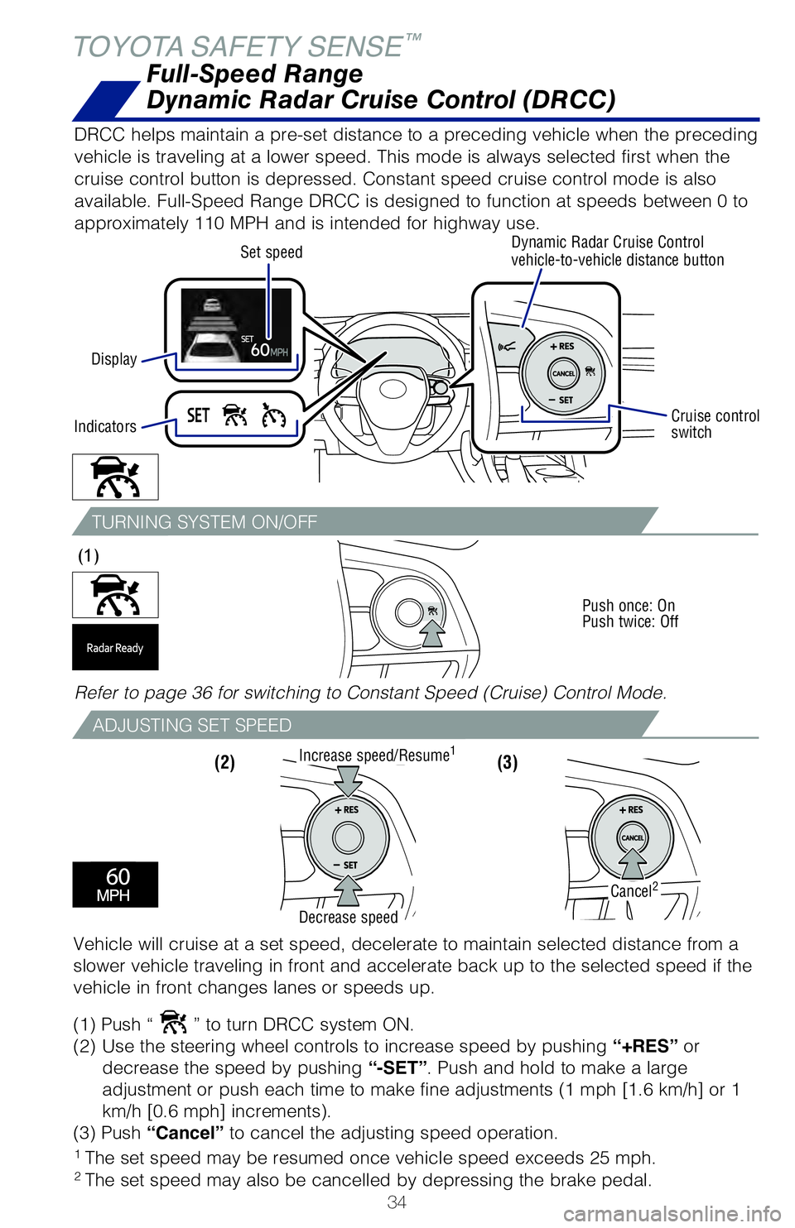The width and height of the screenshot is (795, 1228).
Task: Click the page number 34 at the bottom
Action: [397, 1202]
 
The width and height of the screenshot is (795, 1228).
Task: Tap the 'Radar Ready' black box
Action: [115, 648]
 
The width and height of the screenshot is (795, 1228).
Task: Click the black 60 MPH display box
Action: [115, 884]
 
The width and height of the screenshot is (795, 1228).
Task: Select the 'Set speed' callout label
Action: [271, 252]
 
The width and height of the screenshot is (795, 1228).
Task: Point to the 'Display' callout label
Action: [114, 359]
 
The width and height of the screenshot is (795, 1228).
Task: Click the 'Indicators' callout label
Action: [105, 427]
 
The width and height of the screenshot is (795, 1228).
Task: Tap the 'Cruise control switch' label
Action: [714, 424]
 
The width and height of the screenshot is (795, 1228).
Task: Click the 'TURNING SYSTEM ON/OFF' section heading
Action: [205, 522]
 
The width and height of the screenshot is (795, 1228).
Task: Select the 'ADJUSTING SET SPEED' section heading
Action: [192, 726]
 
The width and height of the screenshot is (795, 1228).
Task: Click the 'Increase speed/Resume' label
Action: [375, 755]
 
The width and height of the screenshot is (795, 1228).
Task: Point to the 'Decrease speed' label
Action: [348, 917]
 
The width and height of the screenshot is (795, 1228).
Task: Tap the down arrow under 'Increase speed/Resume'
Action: [349, 780]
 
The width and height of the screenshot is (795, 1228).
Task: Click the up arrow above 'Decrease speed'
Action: [349, 890]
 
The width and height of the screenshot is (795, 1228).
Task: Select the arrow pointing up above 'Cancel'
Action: [633, 862]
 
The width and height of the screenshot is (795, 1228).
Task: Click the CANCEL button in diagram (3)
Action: [633, 837]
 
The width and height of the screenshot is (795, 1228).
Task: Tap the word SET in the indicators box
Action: [199, 415]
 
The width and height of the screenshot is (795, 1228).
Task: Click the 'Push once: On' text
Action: [629, 606]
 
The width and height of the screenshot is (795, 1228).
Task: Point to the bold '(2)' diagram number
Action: [224, 762]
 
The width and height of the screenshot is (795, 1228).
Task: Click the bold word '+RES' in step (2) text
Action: [645, 1046]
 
